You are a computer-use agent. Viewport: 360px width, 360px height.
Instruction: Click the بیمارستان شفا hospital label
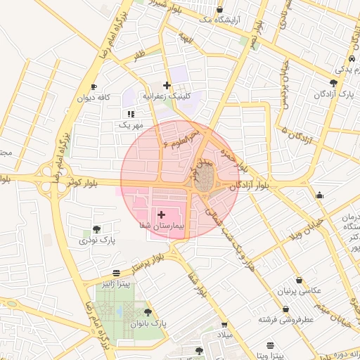[x=161, y=227]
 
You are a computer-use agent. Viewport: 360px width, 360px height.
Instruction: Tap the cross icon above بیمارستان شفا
[x=161, y=214]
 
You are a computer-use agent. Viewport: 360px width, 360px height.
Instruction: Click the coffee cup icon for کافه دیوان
[x=92, y=87]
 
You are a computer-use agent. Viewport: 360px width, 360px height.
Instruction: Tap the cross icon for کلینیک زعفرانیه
[x=167, y=85]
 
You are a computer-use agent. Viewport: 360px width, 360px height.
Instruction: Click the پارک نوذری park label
[x=96, y=241]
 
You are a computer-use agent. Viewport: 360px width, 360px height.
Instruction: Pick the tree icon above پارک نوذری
[x=96, y=229]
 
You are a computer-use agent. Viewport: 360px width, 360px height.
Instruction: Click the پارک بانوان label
[x=147, y=324]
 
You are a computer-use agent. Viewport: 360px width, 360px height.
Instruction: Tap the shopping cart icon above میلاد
[x=224, y=325]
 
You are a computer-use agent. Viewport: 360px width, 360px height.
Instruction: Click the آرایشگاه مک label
[x=219, y=20]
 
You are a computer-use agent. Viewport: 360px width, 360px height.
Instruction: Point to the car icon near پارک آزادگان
[x=352, y=59]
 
